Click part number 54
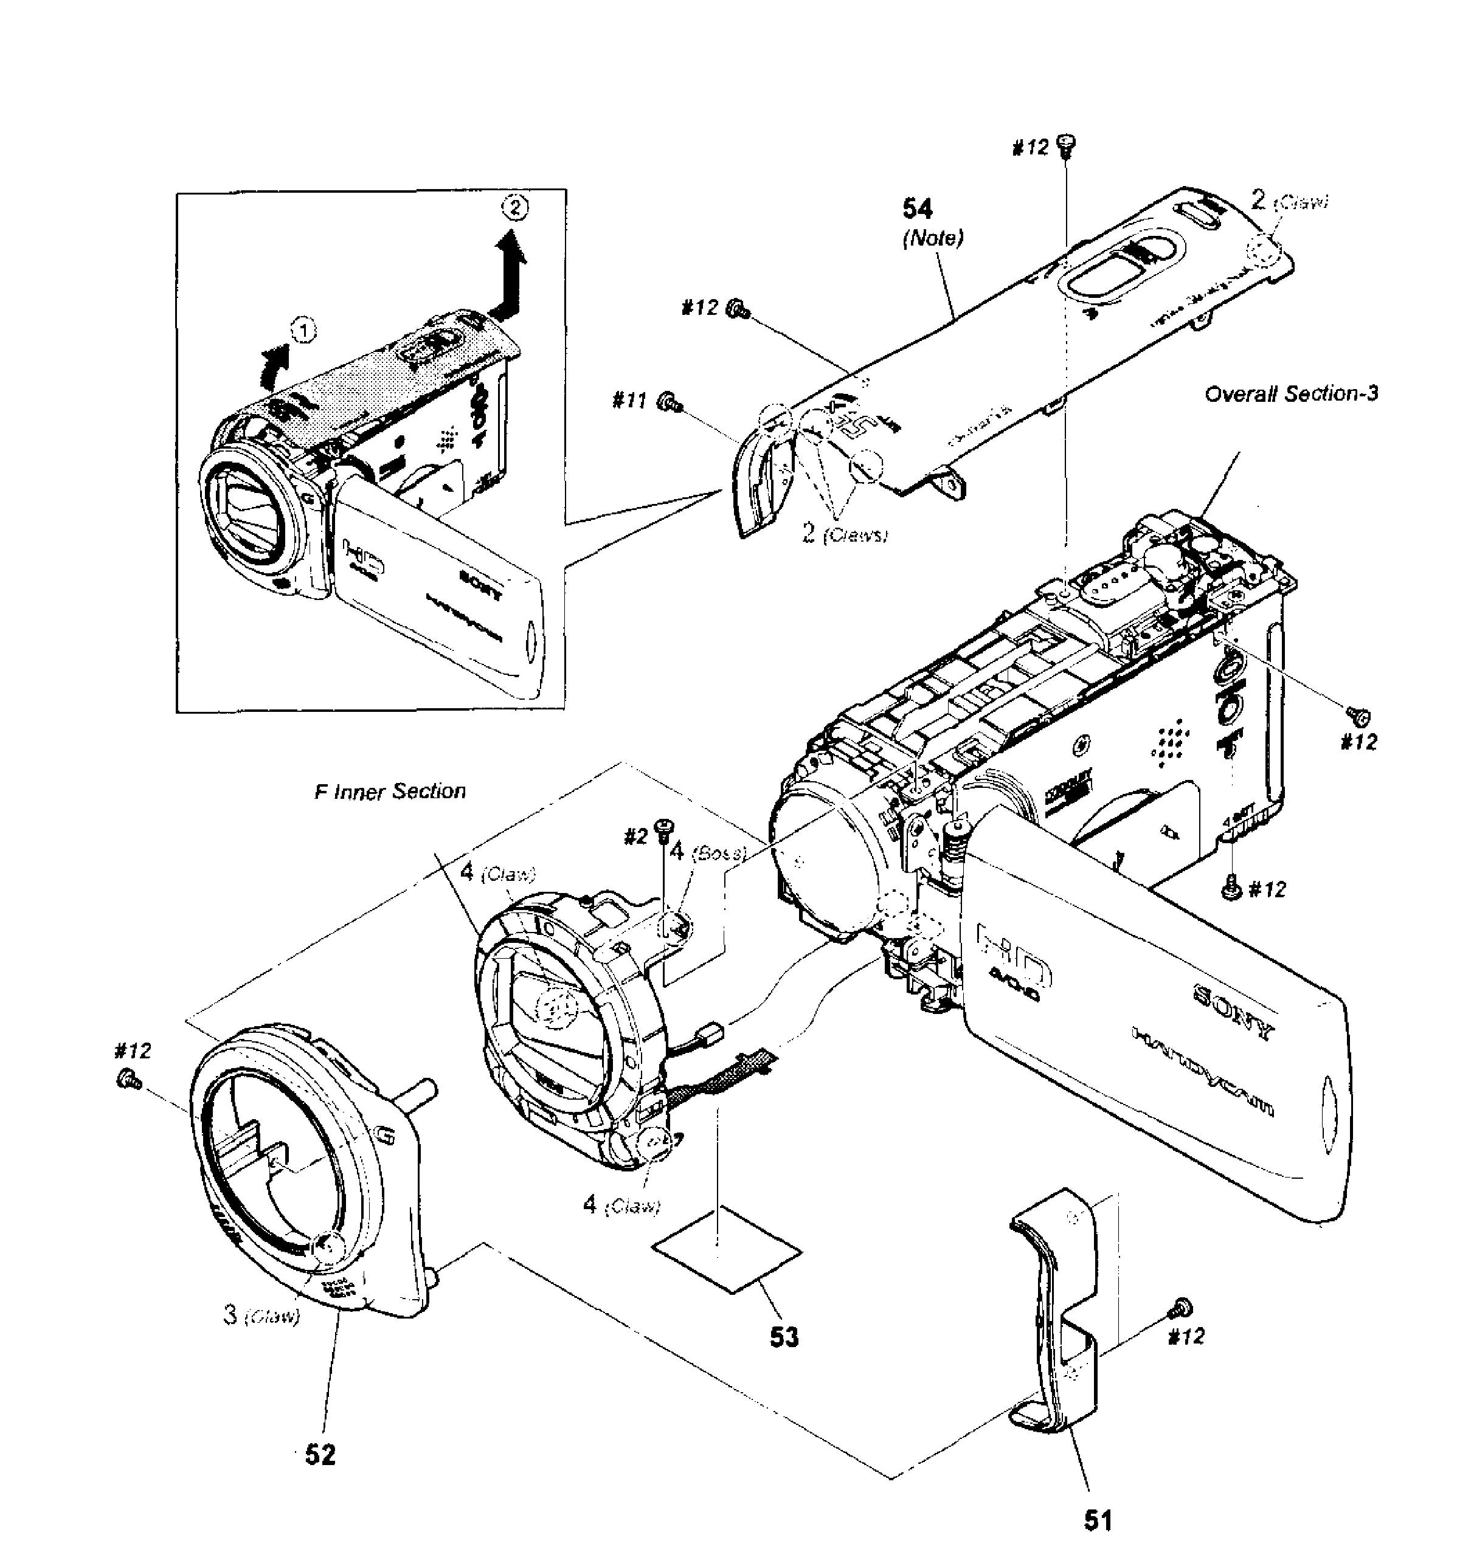(x=916, y=209)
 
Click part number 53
(x=784, y=1337)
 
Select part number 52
(x=320, y=1454)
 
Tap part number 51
(x=1097, y=1519)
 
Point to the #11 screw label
(x=629, y=401)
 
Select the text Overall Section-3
(x=1292, y=393)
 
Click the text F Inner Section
(x=390, y=792)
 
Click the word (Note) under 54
(x=932, y=238)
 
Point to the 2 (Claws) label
(x=846, y=534)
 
